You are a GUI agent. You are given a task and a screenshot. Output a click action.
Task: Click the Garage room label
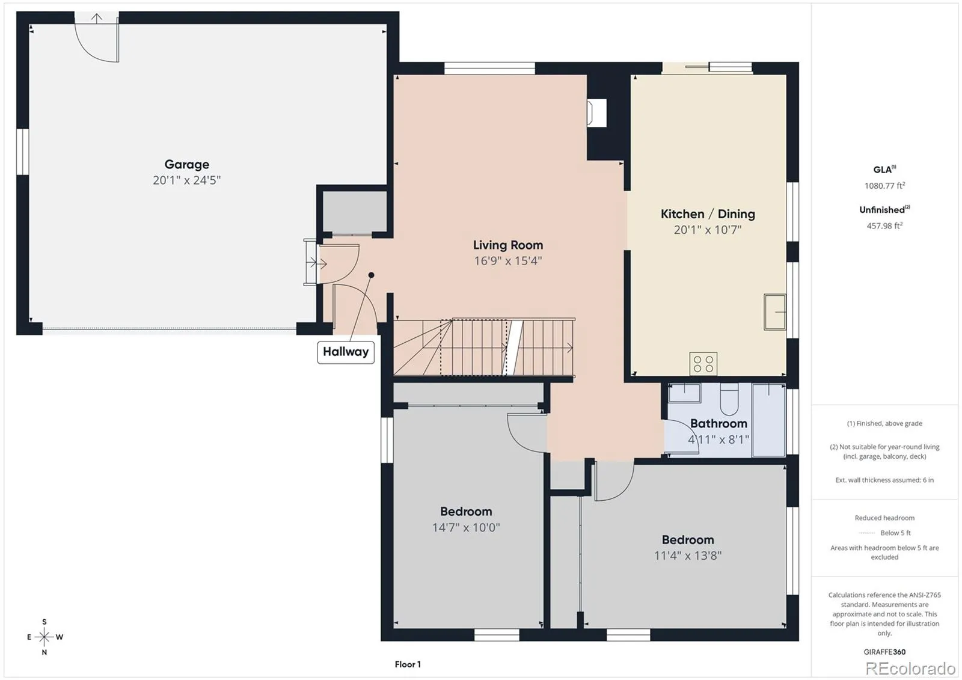point(187,165)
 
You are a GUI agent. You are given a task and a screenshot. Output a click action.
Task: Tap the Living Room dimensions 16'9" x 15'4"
point(508,261)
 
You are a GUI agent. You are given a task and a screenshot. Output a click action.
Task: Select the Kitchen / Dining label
point(708,214)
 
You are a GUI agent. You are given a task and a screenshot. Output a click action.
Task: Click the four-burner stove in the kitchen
point(703,363)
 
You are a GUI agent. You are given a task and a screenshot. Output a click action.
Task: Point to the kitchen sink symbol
point(775,312)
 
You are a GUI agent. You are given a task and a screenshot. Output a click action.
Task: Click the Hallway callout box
point(346,352)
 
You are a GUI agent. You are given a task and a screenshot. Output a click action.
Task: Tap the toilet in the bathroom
point(728,399)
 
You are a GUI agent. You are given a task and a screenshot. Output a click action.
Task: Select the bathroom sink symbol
point(685,393)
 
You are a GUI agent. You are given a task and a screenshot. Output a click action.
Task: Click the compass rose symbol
point(44,637)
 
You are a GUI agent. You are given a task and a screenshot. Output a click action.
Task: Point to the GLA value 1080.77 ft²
point(884,186)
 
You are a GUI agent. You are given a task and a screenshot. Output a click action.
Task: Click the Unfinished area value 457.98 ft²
point(884,225)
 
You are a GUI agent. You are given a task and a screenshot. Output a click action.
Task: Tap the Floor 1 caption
point(408,664)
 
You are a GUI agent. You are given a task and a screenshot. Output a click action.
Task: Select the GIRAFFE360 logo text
point(884,652)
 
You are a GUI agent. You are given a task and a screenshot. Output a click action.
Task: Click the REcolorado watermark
point(910,668)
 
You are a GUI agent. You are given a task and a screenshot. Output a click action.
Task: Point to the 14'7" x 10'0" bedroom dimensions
point(466,527)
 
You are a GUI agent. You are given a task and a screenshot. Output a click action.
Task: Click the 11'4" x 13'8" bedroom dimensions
point(688,556)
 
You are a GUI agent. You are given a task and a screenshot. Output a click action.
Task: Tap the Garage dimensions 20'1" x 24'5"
point(187,180)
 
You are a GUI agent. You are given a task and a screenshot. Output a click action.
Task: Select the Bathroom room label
point(718,423)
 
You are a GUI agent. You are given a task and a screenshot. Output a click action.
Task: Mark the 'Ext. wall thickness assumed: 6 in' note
point(884,480)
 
